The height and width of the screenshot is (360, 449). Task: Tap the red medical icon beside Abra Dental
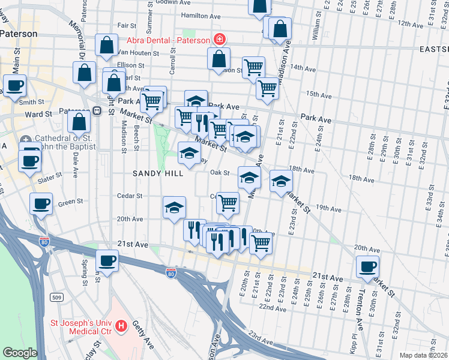[220, 40]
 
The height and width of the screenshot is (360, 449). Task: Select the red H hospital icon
[122, 326]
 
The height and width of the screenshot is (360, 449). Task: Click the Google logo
[20, 353]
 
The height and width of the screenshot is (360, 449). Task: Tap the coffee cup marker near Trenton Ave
[367, 266]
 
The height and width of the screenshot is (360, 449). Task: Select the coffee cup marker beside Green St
[41, 204]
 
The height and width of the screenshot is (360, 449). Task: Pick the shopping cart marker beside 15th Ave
[267, 88]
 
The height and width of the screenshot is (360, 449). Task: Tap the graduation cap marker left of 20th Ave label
[174, 208]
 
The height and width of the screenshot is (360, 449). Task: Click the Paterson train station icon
[96, 112]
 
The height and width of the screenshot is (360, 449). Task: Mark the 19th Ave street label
[328, 208]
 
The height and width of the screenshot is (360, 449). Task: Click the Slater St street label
[50, 175]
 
